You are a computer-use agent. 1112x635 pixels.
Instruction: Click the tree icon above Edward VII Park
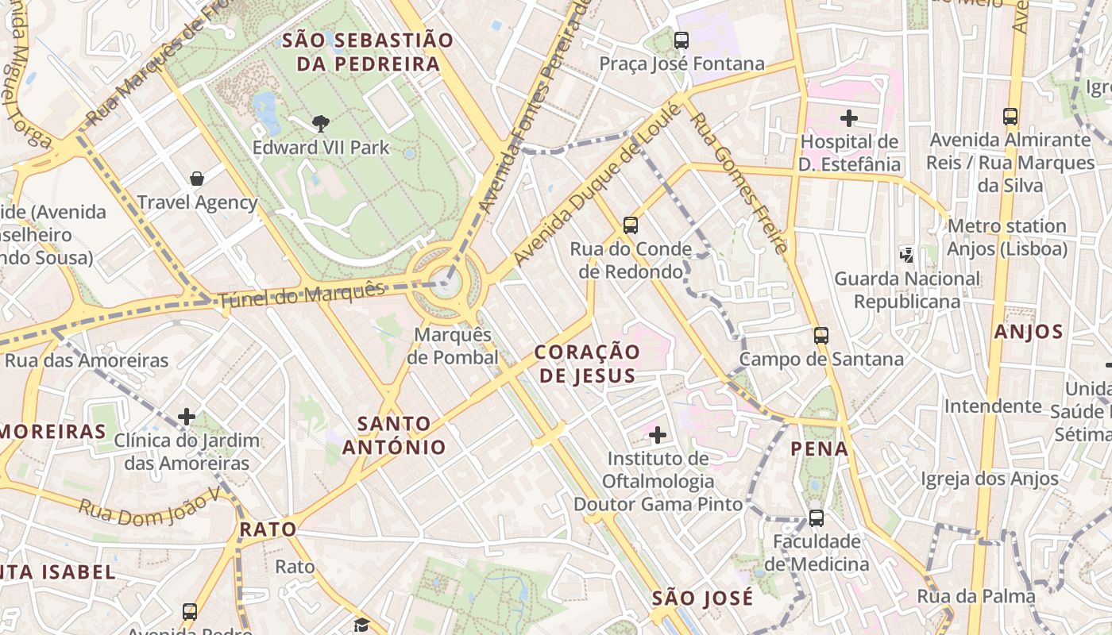point(321,123)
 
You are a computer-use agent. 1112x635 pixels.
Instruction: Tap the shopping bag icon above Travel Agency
point(196,179)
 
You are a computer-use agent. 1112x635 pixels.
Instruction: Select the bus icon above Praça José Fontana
point(681,40)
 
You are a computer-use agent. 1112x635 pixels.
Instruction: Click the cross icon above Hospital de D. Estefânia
point(849,118)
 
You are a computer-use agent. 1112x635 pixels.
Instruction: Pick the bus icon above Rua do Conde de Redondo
point(631,225)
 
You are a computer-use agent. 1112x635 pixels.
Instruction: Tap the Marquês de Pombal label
point(453,346)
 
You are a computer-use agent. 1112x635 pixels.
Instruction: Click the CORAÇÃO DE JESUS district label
point(587,364)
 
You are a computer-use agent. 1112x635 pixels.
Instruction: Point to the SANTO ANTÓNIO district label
point(394,435)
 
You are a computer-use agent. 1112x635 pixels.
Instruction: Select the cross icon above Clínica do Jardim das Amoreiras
point(187,416)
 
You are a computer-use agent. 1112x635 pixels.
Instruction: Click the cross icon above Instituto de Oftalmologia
point(658,434)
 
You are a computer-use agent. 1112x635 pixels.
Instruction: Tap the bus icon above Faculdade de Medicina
point(817,518)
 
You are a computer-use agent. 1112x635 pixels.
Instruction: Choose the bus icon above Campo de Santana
point(821,336)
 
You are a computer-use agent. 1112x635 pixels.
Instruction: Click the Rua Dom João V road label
point(149,508)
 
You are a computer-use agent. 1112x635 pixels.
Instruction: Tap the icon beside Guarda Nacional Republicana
point(906,255)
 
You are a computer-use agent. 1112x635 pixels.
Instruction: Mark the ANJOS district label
point(1028,332)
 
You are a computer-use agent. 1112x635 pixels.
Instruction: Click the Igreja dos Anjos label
point(990,479)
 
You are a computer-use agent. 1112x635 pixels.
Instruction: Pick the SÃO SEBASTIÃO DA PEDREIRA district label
point(368,52)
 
